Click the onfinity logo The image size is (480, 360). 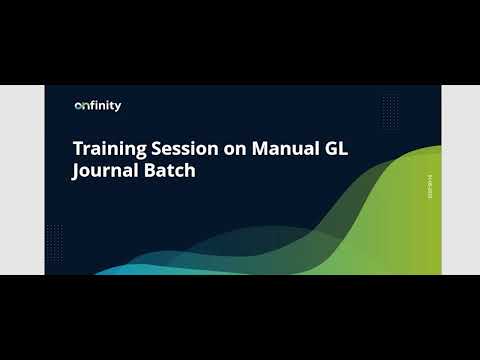pyautogui.click(x=98, y=106)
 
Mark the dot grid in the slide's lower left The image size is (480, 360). pyautogui.click(x=56, y=238)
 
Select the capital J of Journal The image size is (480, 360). pyautogui.click(x=77, y=171)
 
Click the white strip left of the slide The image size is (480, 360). pyautogui.click(x=19, y=180)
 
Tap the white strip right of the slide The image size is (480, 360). pyautogui.click(x=460, y=180)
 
